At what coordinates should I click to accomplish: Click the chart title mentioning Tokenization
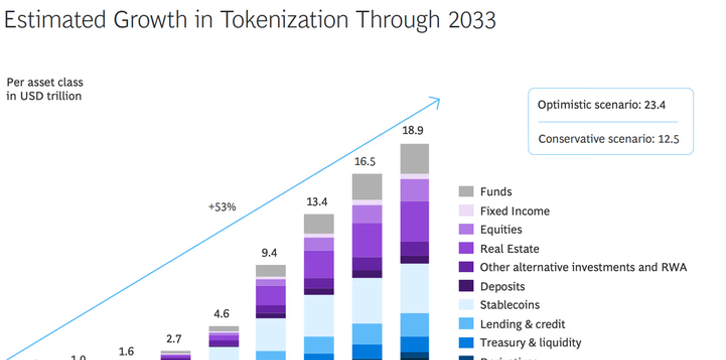click(251, 19)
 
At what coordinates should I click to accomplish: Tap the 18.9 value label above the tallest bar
click(414, 130)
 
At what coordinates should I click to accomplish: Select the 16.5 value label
click(366, 160)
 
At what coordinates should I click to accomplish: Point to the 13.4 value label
click(318, 199)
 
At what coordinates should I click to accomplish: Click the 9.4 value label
click(270, 253)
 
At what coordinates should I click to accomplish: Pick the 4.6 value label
click(223, 313)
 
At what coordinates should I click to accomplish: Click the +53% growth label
click(221, 207)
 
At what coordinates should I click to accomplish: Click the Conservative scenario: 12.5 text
click(609, 139)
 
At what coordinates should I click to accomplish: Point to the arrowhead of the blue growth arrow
click(435, 99)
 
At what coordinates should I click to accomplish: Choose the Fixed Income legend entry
click(514, 211)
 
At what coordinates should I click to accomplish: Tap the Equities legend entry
click(500, 230)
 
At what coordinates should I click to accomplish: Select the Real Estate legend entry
click(506, 248)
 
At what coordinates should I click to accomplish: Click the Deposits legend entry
click(502, 286)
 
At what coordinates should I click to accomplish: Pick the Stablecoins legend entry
click(510, 305)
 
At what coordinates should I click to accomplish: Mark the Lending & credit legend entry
click(520, 324)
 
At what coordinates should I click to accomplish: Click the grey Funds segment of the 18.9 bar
click(414, 159)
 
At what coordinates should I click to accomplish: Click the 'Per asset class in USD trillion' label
click(44, 89)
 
